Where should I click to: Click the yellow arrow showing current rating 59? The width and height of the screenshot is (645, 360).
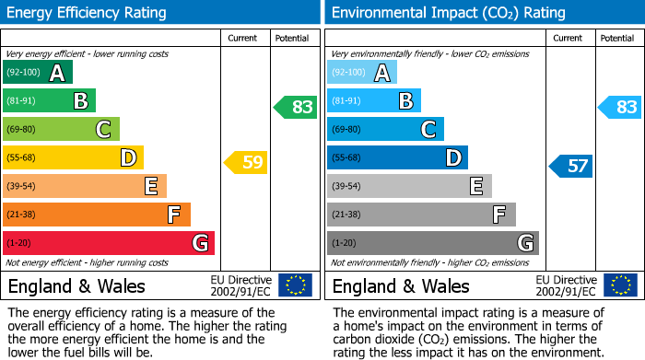(246, 163)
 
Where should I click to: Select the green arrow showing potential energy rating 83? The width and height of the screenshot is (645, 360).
(296, 107)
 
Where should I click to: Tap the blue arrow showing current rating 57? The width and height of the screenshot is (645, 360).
(571, 166)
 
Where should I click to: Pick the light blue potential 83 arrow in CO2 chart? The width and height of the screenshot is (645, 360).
(620, 107)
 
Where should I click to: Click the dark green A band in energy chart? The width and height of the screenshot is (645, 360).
(38, 73)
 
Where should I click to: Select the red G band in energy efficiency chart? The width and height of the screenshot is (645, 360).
(109, 243)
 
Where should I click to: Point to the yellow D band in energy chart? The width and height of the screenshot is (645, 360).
(73, 157)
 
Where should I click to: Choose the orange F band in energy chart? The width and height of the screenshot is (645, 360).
(97, 215)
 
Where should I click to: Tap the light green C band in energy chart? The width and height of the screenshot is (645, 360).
(61, 129)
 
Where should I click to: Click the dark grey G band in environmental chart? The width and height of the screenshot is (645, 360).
(433, 243)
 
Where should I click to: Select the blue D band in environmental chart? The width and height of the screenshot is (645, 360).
(397, 157)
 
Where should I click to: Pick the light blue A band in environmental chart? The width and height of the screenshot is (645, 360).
(362, 73)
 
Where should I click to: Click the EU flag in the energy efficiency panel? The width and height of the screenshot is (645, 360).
(295, 285)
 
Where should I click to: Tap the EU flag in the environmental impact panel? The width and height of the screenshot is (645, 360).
(619, 285)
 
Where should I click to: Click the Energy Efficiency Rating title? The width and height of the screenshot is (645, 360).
(87, 13)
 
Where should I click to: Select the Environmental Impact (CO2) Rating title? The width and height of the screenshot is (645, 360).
(448, 13)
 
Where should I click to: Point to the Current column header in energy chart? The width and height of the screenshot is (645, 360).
(244, 38)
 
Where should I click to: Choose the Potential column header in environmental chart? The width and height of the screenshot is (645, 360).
(617, 38)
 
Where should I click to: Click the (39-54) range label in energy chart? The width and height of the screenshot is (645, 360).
(21, 186)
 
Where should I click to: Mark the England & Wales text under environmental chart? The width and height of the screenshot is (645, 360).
(401, 285)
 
